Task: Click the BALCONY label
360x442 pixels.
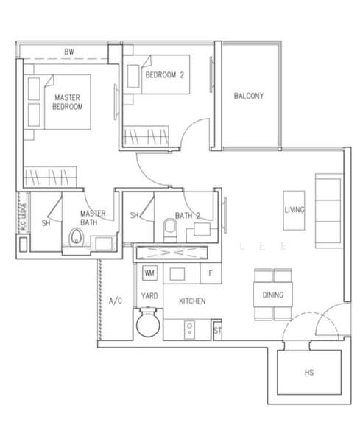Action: point(248,96)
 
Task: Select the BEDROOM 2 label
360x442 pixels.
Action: point(164,74)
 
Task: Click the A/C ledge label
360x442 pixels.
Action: point(115,301)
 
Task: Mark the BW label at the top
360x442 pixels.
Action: point(68,52)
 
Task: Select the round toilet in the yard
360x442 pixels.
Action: point(149,325)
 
